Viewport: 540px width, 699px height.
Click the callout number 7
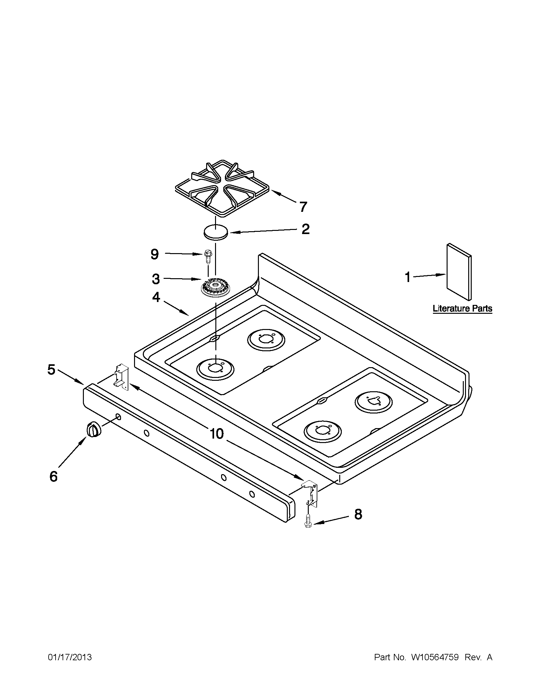[x=303, y=207]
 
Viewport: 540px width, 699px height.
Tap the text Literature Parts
[x=462, y=309]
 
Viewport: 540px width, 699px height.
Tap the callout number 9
[x=155, y=254]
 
